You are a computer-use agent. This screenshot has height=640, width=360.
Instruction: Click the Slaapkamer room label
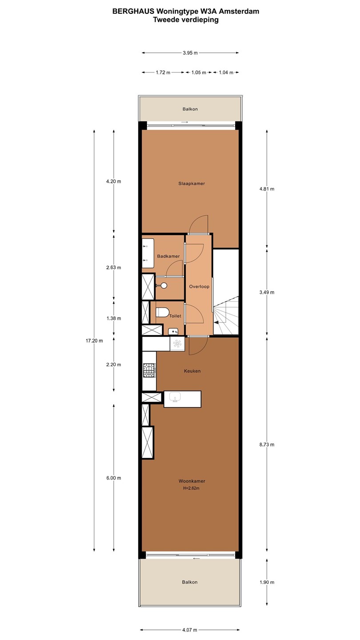(192, 184)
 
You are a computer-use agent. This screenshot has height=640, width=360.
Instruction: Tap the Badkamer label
(168, 256)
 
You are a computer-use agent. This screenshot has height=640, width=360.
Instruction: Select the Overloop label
(199, 286)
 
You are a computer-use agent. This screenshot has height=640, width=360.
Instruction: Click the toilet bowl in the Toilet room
(162, 312)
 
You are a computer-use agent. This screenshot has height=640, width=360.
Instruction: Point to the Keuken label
(192, 371)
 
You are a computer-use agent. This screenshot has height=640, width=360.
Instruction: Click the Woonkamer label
(192, 481)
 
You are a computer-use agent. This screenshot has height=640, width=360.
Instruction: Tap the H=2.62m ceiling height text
(192, 488)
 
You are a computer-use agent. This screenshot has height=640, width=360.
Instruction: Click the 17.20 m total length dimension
(94, 340)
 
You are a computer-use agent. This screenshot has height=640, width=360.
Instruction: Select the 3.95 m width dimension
(190, 53)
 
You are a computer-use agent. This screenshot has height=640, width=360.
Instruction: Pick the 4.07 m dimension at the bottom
(190, 630)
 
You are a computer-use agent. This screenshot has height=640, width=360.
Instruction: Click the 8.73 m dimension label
(267, 444)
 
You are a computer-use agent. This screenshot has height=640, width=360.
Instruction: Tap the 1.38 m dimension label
(114, 318)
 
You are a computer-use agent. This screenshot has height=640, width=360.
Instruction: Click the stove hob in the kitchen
(149, 370)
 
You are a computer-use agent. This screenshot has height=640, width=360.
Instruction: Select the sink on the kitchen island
(175, 397)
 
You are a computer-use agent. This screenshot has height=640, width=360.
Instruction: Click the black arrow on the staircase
(216, 322)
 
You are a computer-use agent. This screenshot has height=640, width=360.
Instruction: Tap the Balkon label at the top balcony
(190, 109)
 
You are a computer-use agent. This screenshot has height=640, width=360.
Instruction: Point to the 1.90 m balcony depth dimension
(267, 582)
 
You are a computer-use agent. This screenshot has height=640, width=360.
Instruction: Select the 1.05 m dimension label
(199, 72)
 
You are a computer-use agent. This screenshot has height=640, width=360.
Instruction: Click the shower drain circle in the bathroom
(164, 285)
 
